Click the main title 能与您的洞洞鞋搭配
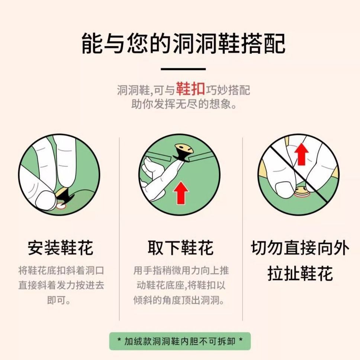pos(183,44)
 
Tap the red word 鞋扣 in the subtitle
pos(190,89)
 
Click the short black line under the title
pos(183,69)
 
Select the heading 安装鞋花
pos(60,248)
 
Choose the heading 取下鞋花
pos(180,248)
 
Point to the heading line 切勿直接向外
pos(300,248)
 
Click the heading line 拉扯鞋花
pos(300,273)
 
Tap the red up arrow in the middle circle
pos(181,192)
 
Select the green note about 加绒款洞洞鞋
pos(180,341)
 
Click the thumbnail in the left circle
pos(45,200)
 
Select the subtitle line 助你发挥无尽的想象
pos(184,104)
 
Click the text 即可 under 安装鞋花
pos(59,300)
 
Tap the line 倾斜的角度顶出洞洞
pos(179,300)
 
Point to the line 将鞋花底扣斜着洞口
pos(61,270)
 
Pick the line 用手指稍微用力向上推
pos(181,270)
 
